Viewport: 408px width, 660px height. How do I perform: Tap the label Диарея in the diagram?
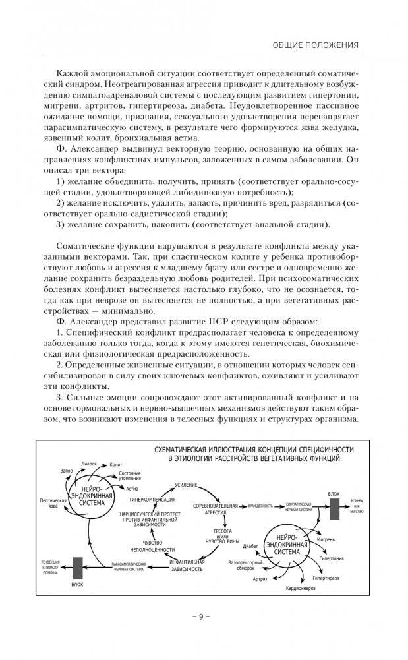tap(89, 464)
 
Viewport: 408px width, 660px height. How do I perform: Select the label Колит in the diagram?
tap(116, 465)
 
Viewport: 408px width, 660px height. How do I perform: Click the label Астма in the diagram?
tap(132, 489)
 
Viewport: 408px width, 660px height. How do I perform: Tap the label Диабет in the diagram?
tap(250, 546)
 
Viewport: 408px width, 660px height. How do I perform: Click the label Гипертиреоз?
tap(327, 578)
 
